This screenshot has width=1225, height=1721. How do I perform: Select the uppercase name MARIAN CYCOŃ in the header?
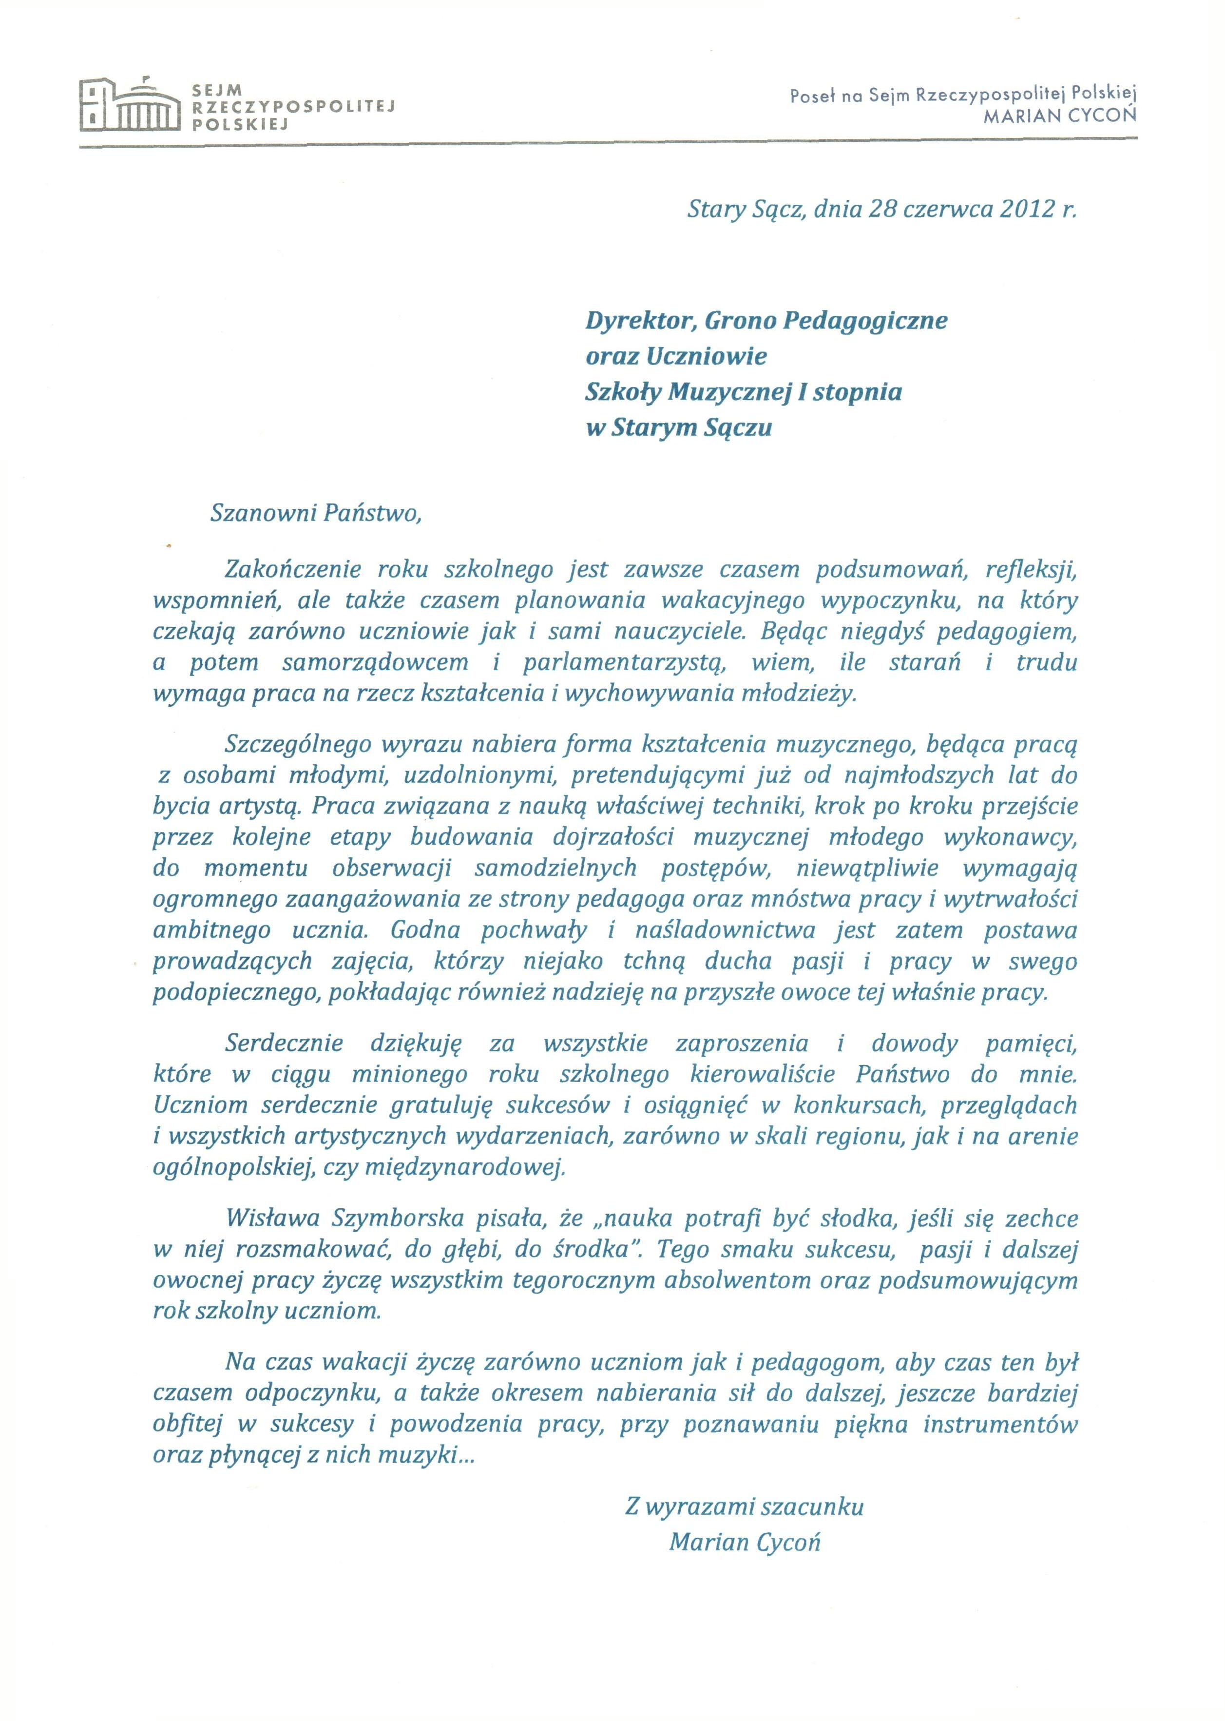tap(1064, 116)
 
